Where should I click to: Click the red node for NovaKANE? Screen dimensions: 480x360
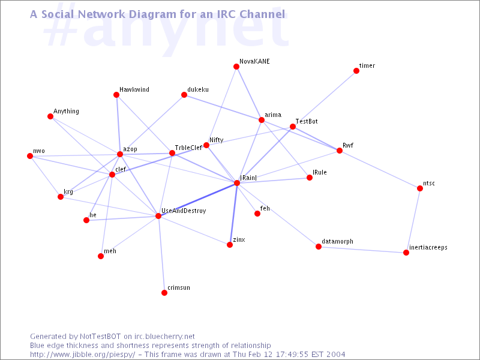[236, 67]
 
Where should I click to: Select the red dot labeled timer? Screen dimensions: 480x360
[356, 71]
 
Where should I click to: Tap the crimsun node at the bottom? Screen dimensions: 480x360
[164, 293]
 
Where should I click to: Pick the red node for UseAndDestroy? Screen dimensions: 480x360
[158, 216]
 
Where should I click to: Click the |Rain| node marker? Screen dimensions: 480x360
[237, 183]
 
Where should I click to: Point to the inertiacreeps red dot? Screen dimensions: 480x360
[406, 253]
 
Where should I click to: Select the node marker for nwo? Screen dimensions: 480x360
[30, 156]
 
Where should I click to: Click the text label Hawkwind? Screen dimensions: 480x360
[134, 89]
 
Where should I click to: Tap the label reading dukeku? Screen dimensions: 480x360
[198, 89]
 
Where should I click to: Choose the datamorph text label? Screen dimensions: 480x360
[337, 242]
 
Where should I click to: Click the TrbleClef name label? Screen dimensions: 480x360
[188, 148]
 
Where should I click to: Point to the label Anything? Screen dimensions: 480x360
[66, 111]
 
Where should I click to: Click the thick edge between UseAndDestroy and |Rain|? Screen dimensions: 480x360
[197, 200]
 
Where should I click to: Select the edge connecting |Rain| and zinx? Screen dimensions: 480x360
[233, 214]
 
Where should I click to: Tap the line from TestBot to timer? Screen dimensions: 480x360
[325, 99]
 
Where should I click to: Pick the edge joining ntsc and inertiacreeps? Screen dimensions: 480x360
[413, 220]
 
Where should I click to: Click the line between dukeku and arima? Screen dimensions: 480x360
[223, 107]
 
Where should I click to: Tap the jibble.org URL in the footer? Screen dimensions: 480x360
[82, 355]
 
